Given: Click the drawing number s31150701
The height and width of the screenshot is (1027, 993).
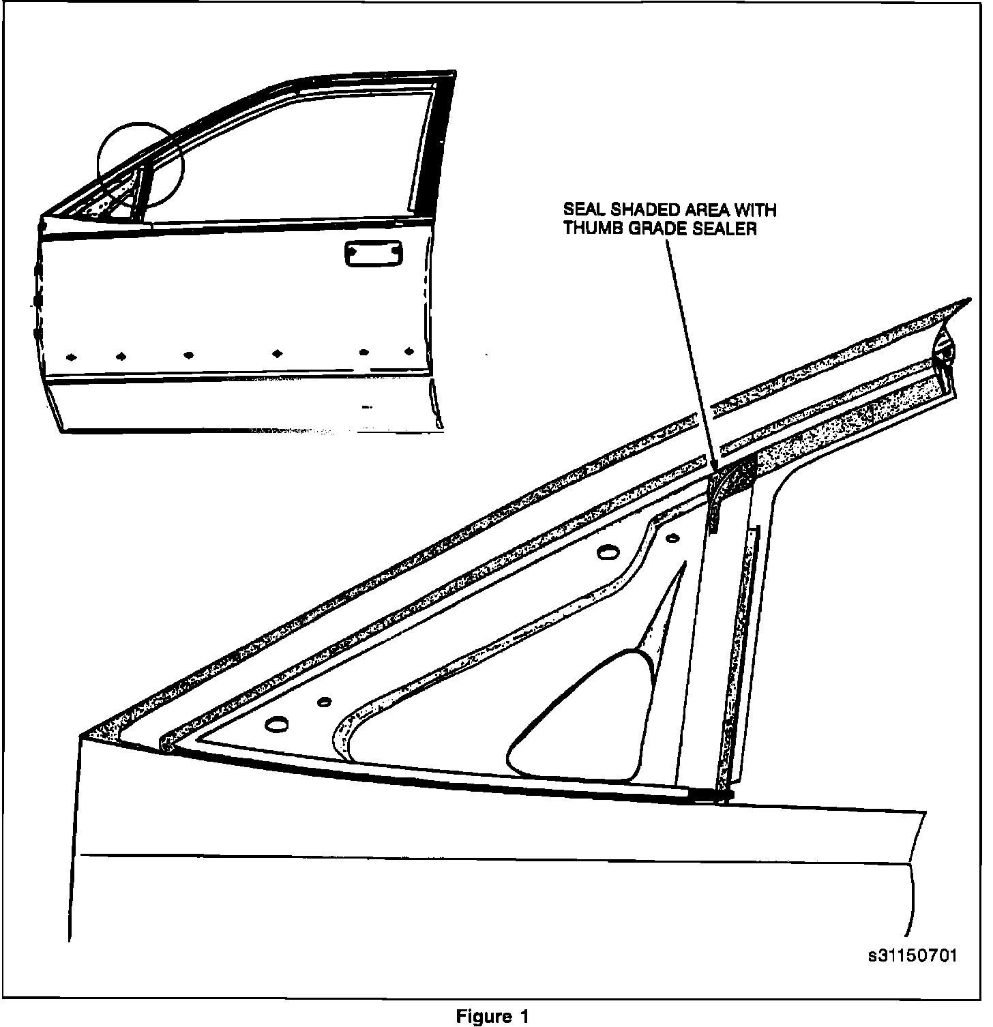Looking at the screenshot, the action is (x=913, y=956).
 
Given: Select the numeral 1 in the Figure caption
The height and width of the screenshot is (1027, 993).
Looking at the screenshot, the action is (x=524, y=1016).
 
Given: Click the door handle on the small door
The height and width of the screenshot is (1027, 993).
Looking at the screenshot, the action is (x=373, y=254).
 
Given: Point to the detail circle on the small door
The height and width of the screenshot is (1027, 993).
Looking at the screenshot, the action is (x=140, y=165).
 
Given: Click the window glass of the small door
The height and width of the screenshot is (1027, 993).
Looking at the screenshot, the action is (x=286, y=164).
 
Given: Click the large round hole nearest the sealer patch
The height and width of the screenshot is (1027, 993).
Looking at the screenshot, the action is (x=605, y=552).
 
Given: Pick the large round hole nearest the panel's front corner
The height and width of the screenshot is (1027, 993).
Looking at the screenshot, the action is (x=278, y=724).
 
